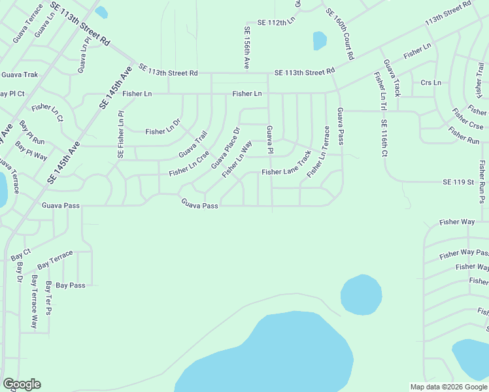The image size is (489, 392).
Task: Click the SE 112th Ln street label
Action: point(277,22)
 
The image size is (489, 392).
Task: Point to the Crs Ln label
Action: point(431,83)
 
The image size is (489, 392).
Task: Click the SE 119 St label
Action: point(458,182)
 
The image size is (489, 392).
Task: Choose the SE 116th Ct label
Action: point(384,139)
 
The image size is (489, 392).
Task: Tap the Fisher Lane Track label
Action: point(286,172)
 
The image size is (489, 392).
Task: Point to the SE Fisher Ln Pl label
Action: point(121,135)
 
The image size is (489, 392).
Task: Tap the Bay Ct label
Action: point(21,255)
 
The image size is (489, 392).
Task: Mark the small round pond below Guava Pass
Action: point(361,294)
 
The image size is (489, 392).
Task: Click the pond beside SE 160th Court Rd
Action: point(320,41)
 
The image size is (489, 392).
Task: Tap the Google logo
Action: point(22,384)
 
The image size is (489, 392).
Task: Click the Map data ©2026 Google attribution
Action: point(448,387)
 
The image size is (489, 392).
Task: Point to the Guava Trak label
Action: point(20,75)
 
